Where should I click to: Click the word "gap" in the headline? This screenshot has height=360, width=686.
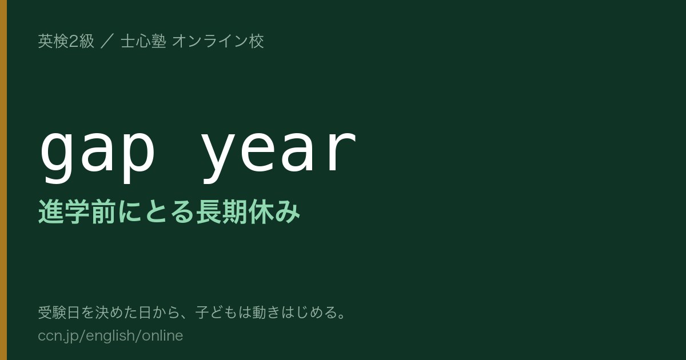click(x=98, y=154)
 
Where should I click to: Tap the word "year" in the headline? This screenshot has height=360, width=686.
click(x=279, y=154)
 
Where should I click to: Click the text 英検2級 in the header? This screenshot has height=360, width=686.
click(x=66, y=41)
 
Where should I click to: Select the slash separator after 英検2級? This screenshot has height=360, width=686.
click(x=107, y=41)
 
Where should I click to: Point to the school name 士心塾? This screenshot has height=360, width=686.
click(x=143, y=41)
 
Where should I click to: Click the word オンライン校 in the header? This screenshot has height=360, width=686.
click(x=218, y=41)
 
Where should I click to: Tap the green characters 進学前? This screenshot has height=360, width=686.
click(x=77, y=211)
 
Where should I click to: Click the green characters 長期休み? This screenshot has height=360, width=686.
click(x=248, y=211)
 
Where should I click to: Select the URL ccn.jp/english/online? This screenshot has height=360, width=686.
click(x=110, y=336)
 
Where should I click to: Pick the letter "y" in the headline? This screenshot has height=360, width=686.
click(x=218, y=159)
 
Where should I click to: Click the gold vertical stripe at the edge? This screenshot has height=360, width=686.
click(x=3, y=180)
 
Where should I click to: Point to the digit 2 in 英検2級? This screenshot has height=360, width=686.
click(x=74, y=41)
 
